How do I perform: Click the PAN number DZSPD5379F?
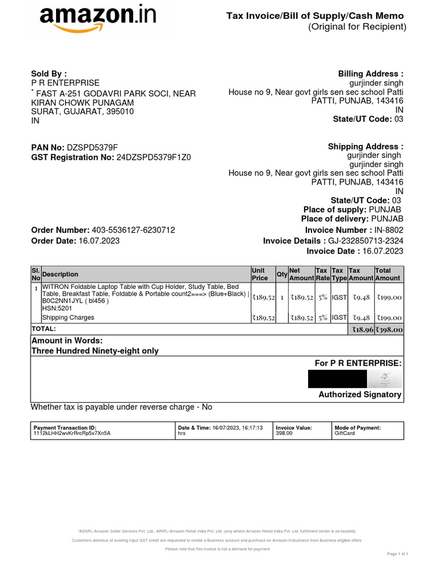tap(92, 147)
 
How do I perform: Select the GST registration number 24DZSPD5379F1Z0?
tap(153, 157)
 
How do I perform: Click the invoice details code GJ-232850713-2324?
tap(366, 241)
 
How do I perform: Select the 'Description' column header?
tap(61, 274)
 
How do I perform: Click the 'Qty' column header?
tap(282, 274)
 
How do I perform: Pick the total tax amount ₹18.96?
tap(362, 329)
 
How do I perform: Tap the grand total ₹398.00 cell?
tap(390, 329)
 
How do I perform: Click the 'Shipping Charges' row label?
tap(68, 318)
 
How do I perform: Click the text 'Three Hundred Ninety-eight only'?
tap(95, 351)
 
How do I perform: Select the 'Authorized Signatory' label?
tap(360, 394)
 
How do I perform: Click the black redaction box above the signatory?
tap(337, 378)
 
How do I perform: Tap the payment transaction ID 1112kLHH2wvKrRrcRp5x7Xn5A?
tap(72, 433)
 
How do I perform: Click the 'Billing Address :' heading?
tap(370, 74)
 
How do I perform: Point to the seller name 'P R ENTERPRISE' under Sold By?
tap(65, 83)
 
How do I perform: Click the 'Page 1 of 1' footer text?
tap(398, 553)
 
